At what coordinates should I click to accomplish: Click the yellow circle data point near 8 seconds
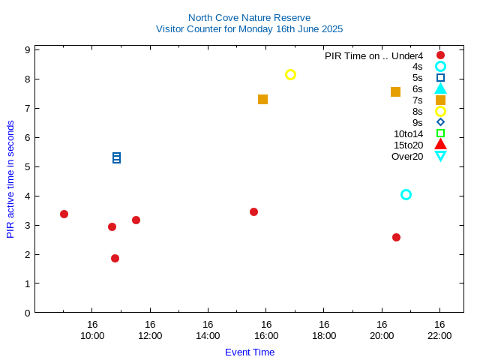pos(290,74)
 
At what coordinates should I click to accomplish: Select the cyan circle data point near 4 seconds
pos(406,194)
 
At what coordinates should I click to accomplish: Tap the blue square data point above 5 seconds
pos(117,157)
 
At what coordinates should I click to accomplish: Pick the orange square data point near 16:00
pos(262,99)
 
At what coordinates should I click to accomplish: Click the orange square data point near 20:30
pos(395,91)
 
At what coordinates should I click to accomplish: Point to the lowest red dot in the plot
pos(115,258)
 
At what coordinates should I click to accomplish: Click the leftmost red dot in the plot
pos(64,214)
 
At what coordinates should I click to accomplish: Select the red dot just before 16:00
pos(253,211)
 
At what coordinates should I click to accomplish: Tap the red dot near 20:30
pos(396,237)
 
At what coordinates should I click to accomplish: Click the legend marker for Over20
pos(440,156)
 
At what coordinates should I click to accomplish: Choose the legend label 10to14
pos(408,133)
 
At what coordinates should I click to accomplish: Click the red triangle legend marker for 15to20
pos(440,144)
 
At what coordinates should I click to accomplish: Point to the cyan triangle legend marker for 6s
pos(440,88)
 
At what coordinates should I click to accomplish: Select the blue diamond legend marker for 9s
pos(440,122)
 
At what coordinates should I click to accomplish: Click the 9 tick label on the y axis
pos(27,49)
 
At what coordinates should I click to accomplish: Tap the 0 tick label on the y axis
pos(27,313)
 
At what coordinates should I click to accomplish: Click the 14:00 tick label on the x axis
pos(208,335)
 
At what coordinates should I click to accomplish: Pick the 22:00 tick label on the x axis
pos(439,335)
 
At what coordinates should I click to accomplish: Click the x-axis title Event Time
pos(250,352)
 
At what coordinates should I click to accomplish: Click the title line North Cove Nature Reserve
pos(249,17)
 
